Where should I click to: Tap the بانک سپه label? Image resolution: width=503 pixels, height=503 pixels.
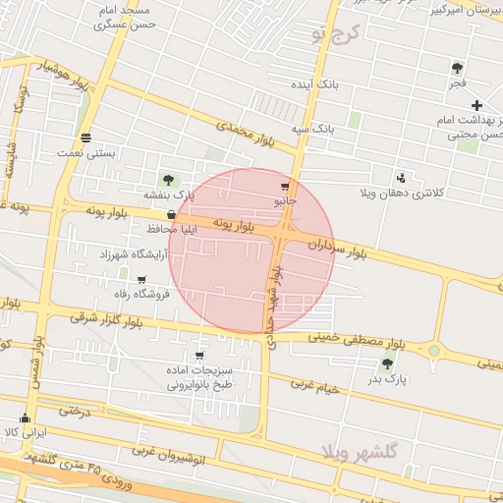click(318, 128)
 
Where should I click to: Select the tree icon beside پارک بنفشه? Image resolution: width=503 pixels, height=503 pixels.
click(168, 180)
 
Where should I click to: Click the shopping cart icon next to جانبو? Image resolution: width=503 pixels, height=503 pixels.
click(285, 187)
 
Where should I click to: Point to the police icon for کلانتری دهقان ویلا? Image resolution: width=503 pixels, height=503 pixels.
click(401, 178)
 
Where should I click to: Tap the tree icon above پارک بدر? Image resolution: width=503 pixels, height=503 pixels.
click(387, 363)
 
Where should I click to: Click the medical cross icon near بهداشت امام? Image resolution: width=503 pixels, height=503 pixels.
click(476, 105)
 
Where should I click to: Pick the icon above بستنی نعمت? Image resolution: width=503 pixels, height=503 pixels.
click(86, 138)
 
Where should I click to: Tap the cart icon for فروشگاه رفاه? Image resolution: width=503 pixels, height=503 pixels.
click(141, 280)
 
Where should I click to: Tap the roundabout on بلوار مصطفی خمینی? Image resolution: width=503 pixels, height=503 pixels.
click(433, 350)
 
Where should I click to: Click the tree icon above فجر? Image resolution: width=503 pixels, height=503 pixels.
click(457, 67)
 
